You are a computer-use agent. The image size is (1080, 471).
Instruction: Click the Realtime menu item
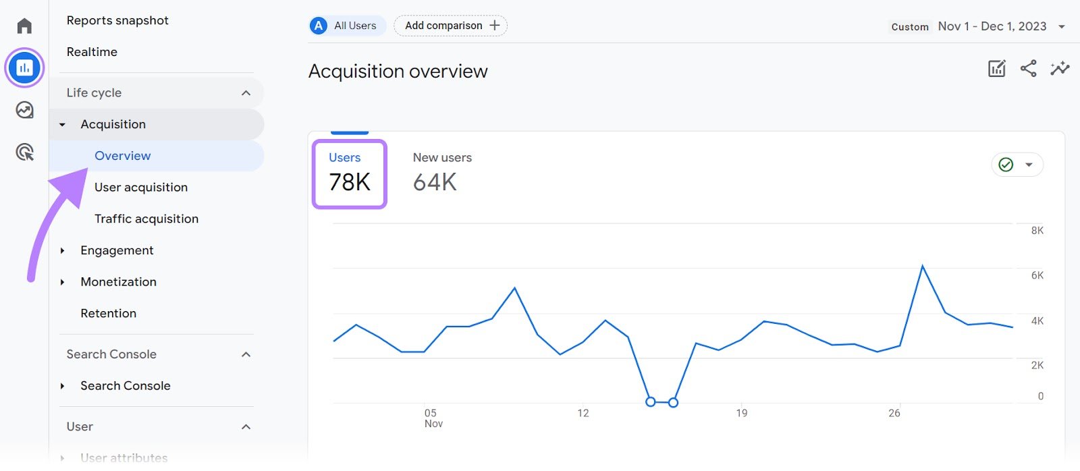(92, 52)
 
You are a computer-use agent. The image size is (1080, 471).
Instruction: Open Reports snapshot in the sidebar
(117, 20)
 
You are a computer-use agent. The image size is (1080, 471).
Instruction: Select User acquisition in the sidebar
(141, 187)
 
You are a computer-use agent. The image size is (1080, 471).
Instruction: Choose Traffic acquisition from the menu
(146, 219)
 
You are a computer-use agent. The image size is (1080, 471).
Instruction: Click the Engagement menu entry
(117, 250)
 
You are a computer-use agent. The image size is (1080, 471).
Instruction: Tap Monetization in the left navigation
(118, 282)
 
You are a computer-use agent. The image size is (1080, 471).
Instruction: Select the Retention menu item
(108, 313)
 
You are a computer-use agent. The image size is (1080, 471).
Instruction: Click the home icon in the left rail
(25, 26)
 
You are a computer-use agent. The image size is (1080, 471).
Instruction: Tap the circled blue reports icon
(25, 67)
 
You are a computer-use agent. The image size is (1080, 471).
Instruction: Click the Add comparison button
(451, 26)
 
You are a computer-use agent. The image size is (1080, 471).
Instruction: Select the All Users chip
(348, 26)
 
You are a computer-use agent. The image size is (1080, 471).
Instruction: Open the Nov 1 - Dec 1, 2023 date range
(992, 26)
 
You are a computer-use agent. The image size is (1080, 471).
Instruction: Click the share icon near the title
(1028, 68)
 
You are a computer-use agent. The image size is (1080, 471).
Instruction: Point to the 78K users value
(350, 182)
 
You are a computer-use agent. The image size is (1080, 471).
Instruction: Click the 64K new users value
(435, 182)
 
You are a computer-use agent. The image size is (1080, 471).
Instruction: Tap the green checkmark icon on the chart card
(1006, 165)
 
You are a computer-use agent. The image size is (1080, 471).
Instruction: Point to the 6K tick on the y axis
(1037, 275)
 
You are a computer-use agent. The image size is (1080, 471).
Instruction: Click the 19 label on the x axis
(742, 413)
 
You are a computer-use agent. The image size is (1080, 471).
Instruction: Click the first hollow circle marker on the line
(651, 401)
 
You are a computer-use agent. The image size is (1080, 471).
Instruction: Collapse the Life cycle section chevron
(246, 93)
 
